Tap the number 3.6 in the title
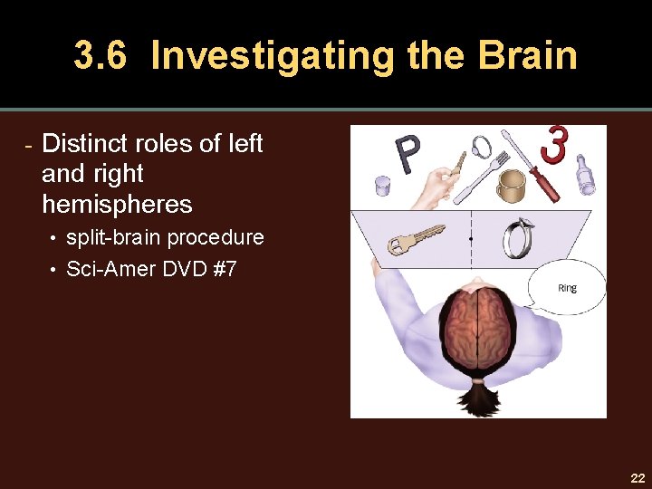(x=103, y=55)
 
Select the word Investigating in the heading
(x=273, y=55)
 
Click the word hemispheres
(x=117, y=205)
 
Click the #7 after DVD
(x=223, y=269)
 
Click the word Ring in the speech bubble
(x=567, y=289)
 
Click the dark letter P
(x=407, y=155)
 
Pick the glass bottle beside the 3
(x=586, y=173)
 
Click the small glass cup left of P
(x=382, y=186)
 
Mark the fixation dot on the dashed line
(x=471, y=239)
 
